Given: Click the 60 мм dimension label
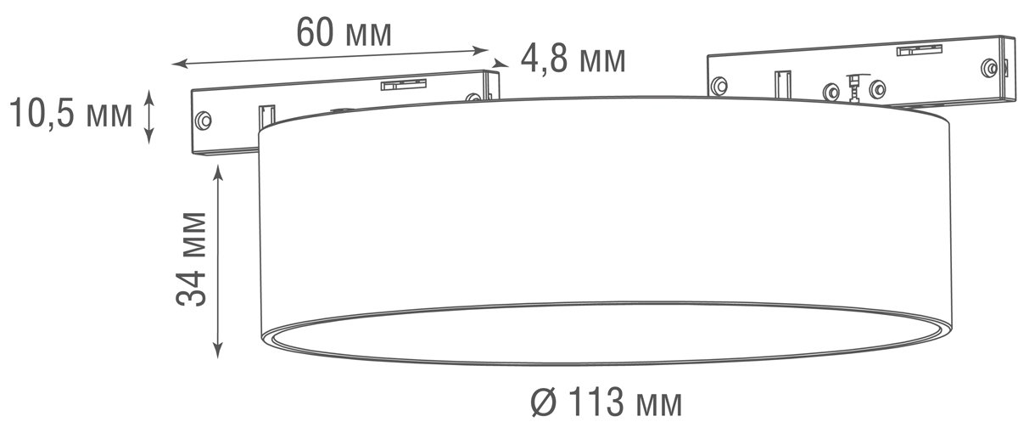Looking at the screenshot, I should (x=344, y=32).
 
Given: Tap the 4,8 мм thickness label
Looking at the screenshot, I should (x=573, y=59).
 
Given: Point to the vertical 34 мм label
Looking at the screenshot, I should (x=193, y=258).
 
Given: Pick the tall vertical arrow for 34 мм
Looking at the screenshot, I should (x=219, y=260).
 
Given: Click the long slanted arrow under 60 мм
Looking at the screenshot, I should (x=331, y=55).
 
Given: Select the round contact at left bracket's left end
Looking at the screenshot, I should (x=202, y=121).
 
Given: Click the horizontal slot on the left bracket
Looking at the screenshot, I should (x=402, y=83).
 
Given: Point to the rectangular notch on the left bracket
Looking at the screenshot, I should (x=266, y=115).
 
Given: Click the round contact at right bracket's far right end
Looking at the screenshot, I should (x=988, y=68).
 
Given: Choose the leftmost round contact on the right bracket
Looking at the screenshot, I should (x=719, y=84).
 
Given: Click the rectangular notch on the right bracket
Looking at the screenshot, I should (x=782, y=84).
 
